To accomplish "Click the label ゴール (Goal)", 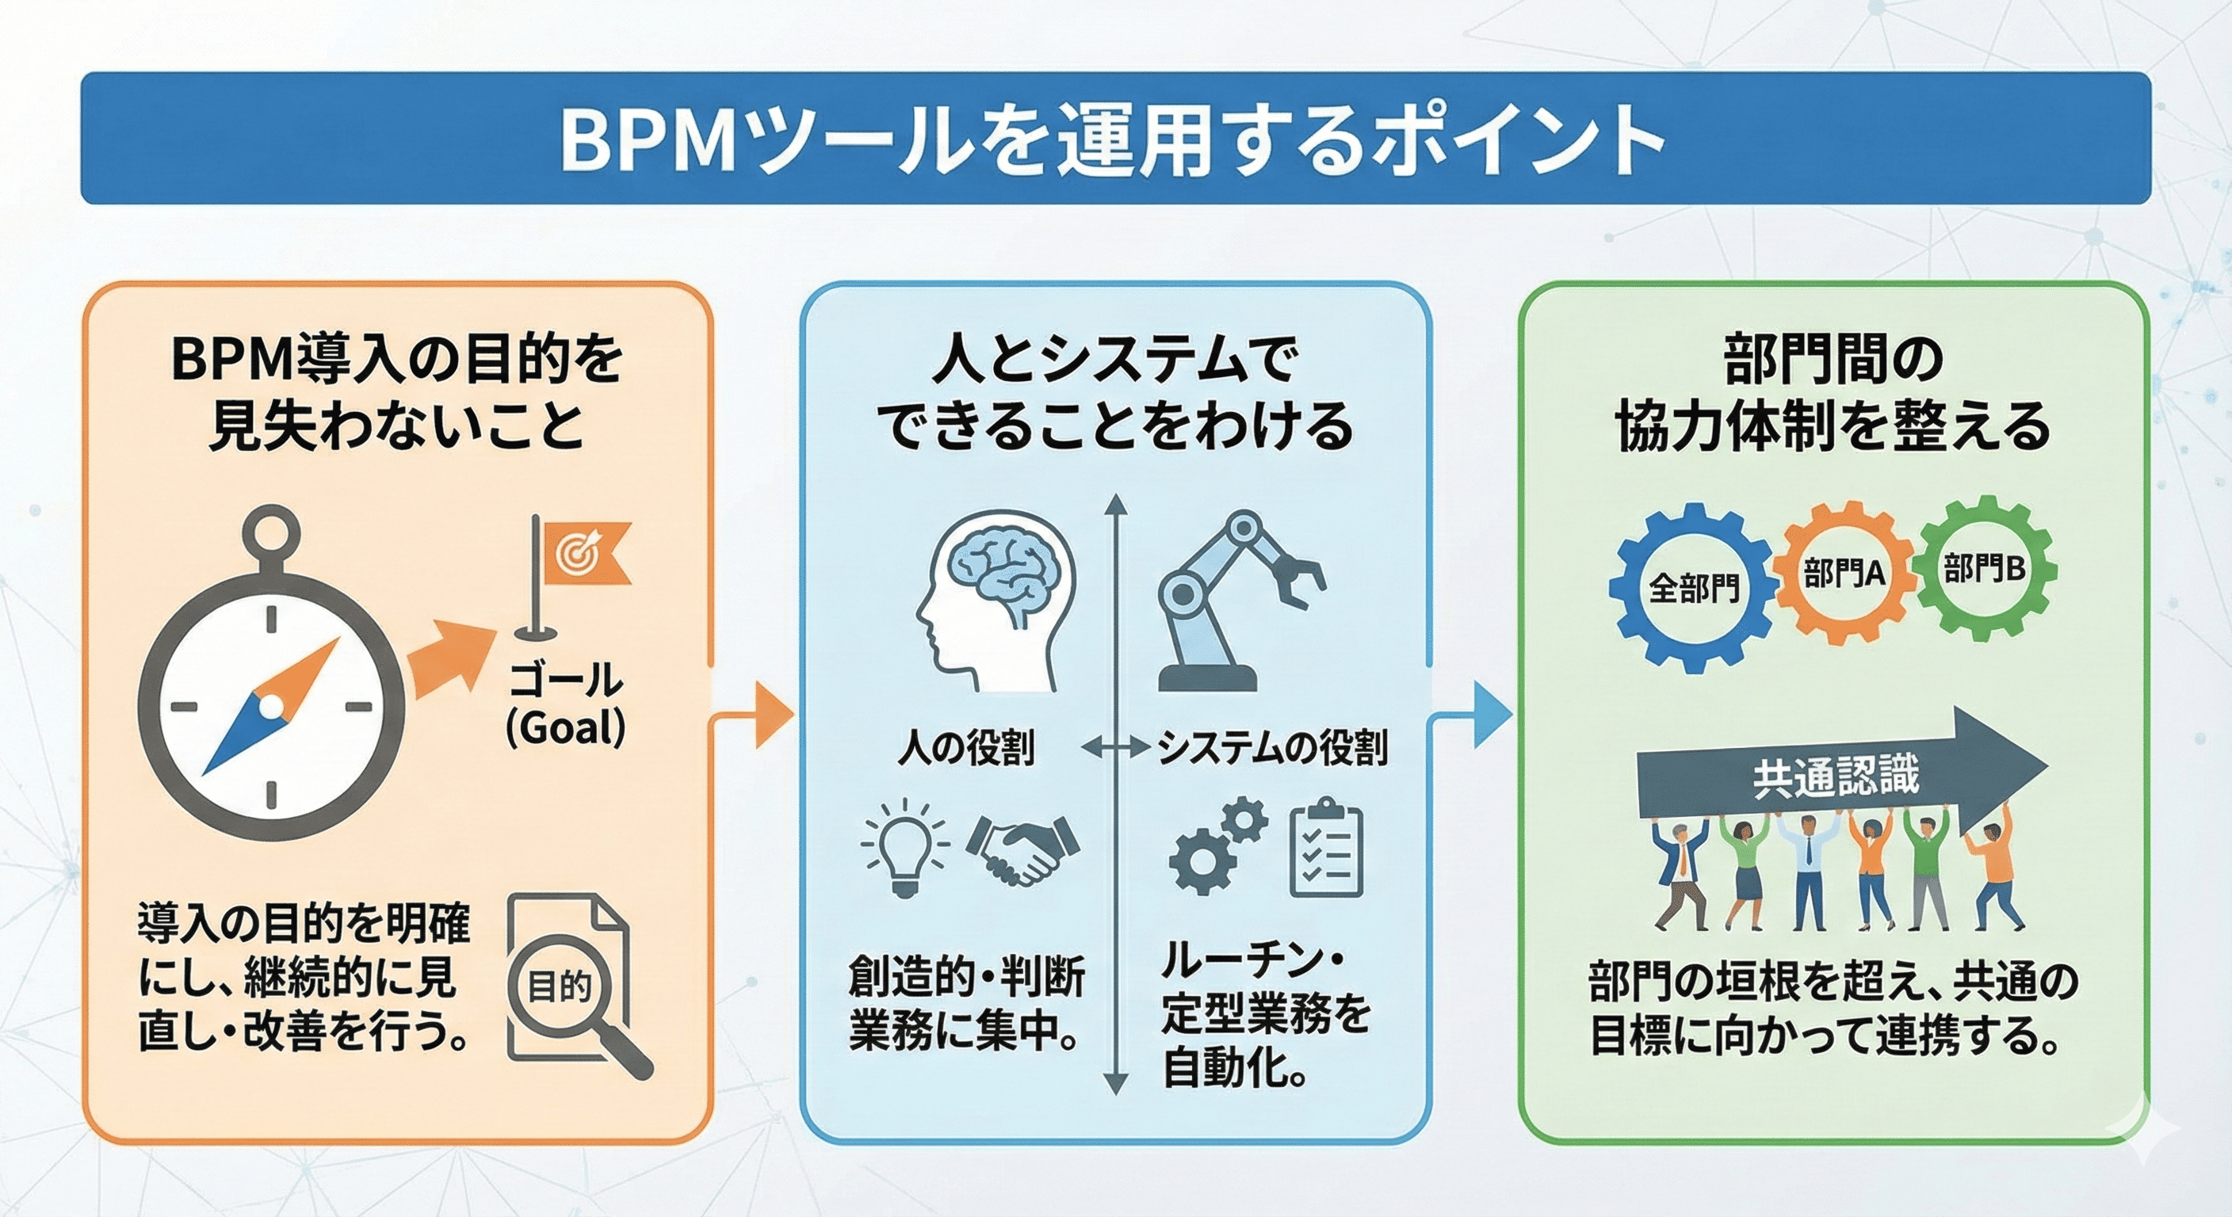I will pos(565,704).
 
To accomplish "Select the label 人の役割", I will pos(966,746).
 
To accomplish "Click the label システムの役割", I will pos(1272,746).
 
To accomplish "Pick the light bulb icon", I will pos(904,847).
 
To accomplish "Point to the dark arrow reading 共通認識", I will pos(1837,773).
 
